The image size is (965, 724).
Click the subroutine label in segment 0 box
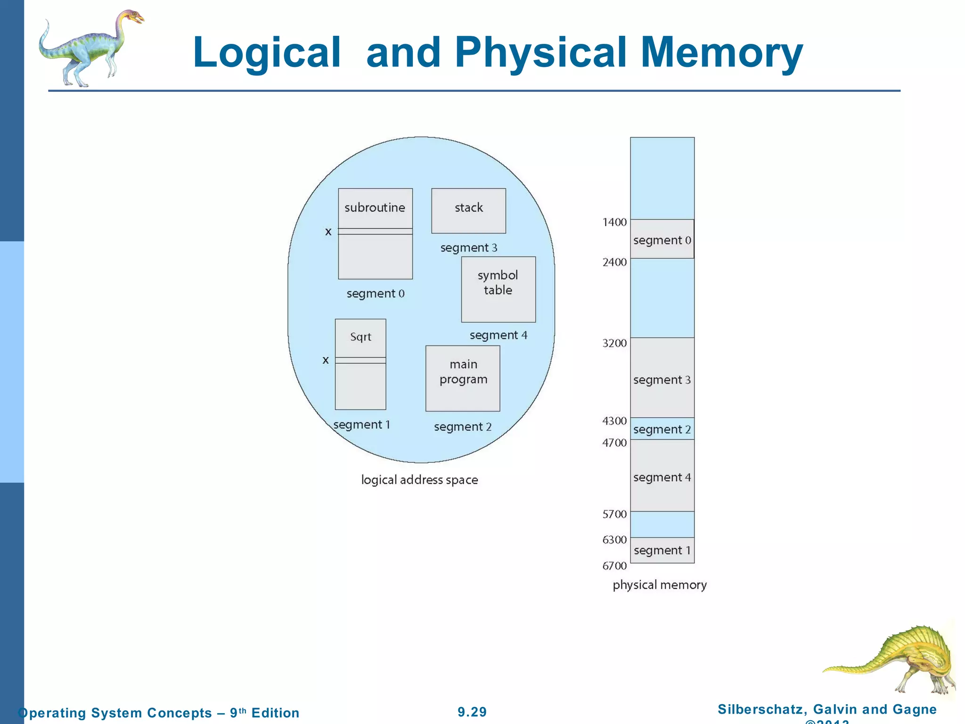(x=375, y=207)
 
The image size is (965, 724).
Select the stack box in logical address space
(x=468, y=211)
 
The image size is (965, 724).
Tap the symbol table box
(x=498, y=289)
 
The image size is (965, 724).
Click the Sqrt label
(x=360, y=337)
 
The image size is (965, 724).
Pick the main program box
(x=463, y=378)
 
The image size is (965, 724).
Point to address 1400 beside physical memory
(x=614, y=222)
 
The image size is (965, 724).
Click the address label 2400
(x=614, y=262)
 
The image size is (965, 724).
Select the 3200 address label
(x=614, y=343)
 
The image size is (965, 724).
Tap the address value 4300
(x=614, y=421)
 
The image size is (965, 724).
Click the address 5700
(x=614, y=514)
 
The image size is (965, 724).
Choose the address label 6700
(x=614, y=566)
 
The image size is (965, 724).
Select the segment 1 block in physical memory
(x=662, y=550)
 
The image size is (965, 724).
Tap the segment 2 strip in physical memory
(x=662, y=429)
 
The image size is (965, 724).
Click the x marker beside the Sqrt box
(x=326, y=361)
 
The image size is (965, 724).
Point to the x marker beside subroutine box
(x=328, y=232)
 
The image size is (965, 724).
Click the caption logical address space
(x=419, y=480)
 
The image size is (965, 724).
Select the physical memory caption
(x=660, y=585)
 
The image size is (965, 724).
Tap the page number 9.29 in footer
(x=472, y=712)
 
